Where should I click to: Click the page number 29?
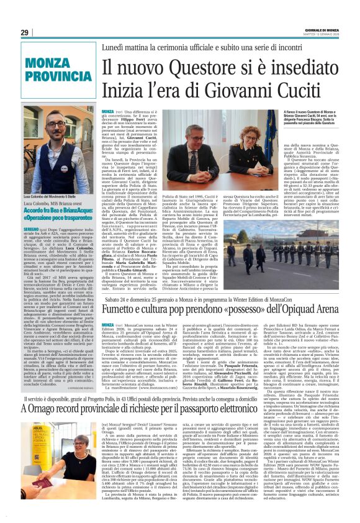[24, 33]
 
